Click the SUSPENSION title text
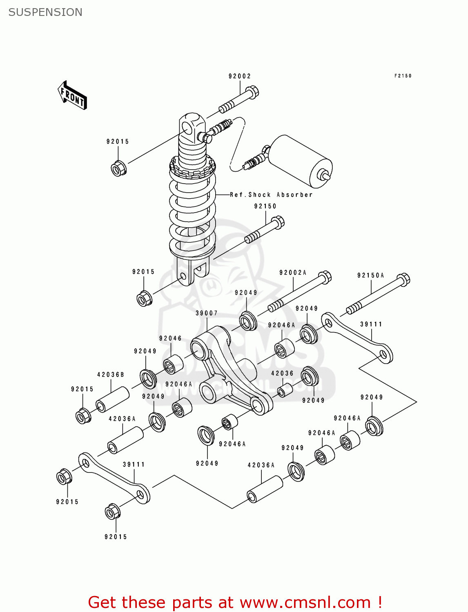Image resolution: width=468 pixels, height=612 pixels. coord(45,12)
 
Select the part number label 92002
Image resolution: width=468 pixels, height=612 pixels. coord(240,76)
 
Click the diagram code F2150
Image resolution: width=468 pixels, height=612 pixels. coord(403,76)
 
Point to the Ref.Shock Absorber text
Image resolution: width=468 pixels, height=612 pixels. coord(271,195)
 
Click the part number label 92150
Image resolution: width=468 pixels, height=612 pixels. coord(265,206)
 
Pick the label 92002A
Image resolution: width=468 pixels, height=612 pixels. coord(293,273)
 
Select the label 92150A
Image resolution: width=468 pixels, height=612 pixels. coord(371,275)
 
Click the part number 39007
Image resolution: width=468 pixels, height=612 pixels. coord(207,313)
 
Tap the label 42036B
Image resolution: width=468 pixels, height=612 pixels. coord(111,375)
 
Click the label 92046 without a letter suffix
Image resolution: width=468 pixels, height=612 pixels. coord(170,338)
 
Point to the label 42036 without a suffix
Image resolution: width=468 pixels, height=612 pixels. coord(282,373)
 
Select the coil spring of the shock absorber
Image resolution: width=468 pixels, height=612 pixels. coord(192,216)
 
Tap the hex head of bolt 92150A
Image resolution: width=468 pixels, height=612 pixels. coord(403,279)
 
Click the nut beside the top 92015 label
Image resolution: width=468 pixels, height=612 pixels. coord(118,168)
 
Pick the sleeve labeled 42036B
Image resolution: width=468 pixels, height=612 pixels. coord(113,400)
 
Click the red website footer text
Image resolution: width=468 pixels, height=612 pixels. coord(235,602)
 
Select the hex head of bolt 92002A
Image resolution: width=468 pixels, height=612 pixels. coord(325,277)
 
